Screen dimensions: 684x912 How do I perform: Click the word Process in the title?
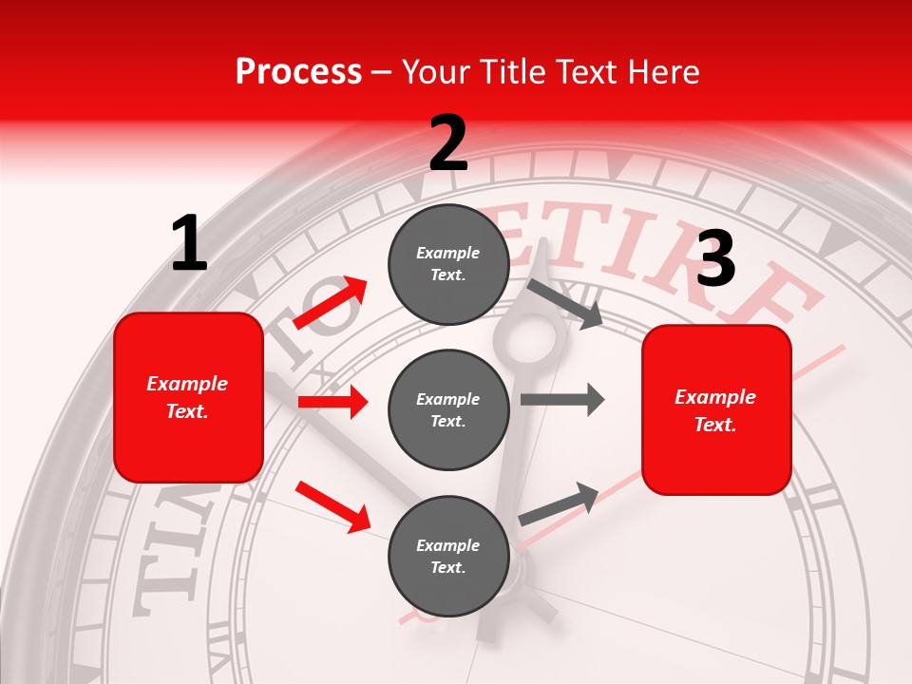pos(298,72)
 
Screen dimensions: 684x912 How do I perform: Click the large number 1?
pos(189,243)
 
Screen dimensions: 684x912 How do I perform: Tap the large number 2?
pos(448,143)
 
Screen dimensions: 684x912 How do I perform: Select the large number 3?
pos(715,259)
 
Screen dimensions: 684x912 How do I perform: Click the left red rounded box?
pos(188,397)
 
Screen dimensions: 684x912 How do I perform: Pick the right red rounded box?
pos(716,409)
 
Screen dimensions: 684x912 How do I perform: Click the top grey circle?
pos(448,264)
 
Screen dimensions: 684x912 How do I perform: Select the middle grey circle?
pos(448,410)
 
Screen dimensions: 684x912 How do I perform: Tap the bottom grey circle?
pos(448,557)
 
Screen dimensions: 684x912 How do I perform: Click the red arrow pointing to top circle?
pos(331,303)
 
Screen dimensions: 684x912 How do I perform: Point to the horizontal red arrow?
pos(332,402)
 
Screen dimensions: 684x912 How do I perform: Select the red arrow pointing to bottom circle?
pos(332,506)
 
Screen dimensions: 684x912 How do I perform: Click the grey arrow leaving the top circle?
pos(565,304)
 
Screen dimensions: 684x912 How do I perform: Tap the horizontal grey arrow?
pos(562,399)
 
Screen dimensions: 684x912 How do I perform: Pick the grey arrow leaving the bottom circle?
pos(559,503)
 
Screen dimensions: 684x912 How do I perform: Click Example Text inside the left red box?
pos(188,397)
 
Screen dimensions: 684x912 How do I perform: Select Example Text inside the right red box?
pos(716,410)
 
